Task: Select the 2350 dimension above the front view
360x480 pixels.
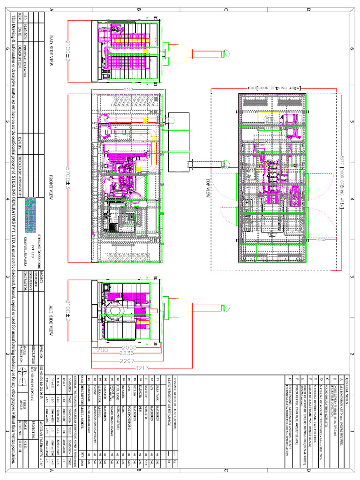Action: pos(127,89)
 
